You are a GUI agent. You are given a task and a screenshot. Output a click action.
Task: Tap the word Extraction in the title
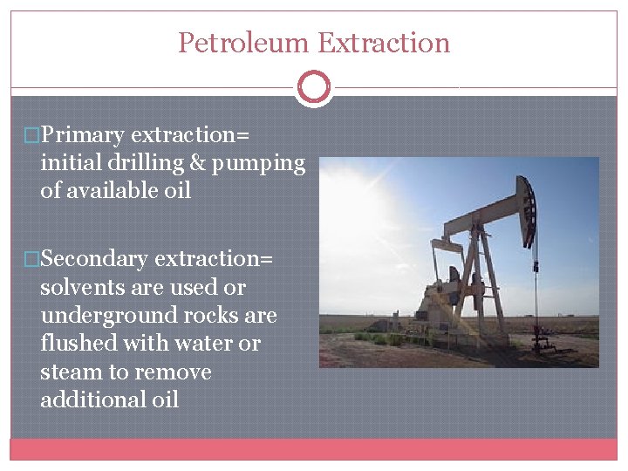click(384, 43)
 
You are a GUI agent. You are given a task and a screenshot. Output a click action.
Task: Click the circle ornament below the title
click(314, 87)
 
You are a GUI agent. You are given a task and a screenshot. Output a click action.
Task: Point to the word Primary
click(83, 135)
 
